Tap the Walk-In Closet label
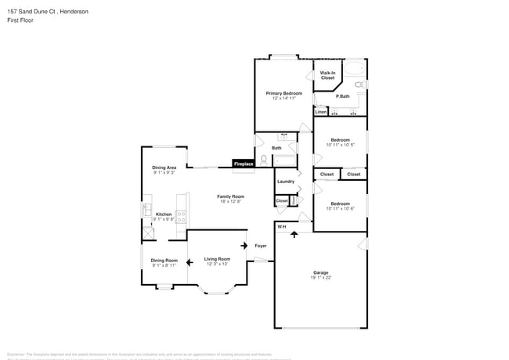[x=327, y=75]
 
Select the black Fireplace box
[x=244, y=164]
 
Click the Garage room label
[x=321, y=272]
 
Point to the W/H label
[x=282, y=227]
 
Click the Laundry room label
[x=286, y=182]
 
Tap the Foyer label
[x=261, y=246]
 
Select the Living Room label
[x=217, y=259]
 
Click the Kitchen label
[x=163, y=214]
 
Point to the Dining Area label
[x=164, y=167]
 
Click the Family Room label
[x=231, y=196]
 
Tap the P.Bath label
[x=344, y=96]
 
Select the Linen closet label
[x=321, y=112]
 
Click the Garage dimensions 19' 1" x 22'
[x=321, y=278]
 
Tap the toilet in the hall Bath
[x=264, y=160]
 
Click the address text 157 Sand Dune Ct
[x=31, y=12]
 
